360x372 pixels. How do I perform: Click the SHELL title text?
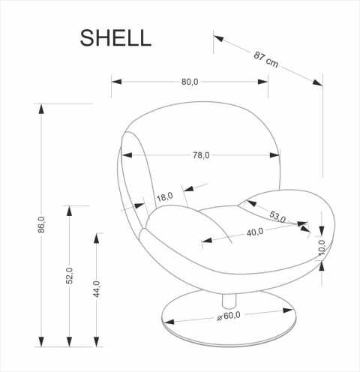click(x=115, y=37)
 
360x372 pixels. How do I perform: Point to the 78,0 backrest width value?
click(x=201, y=155)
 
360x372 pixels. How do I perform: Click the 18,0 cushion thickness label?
click(x=164, y=197)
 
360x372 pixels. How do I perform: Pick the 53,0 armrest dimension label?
click(x=278, y=217)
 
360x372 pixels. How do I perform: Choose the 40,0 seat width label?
click(x=255, y=232)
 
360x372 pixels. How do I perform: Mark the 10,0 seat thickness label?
click(x=322, y=247)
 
